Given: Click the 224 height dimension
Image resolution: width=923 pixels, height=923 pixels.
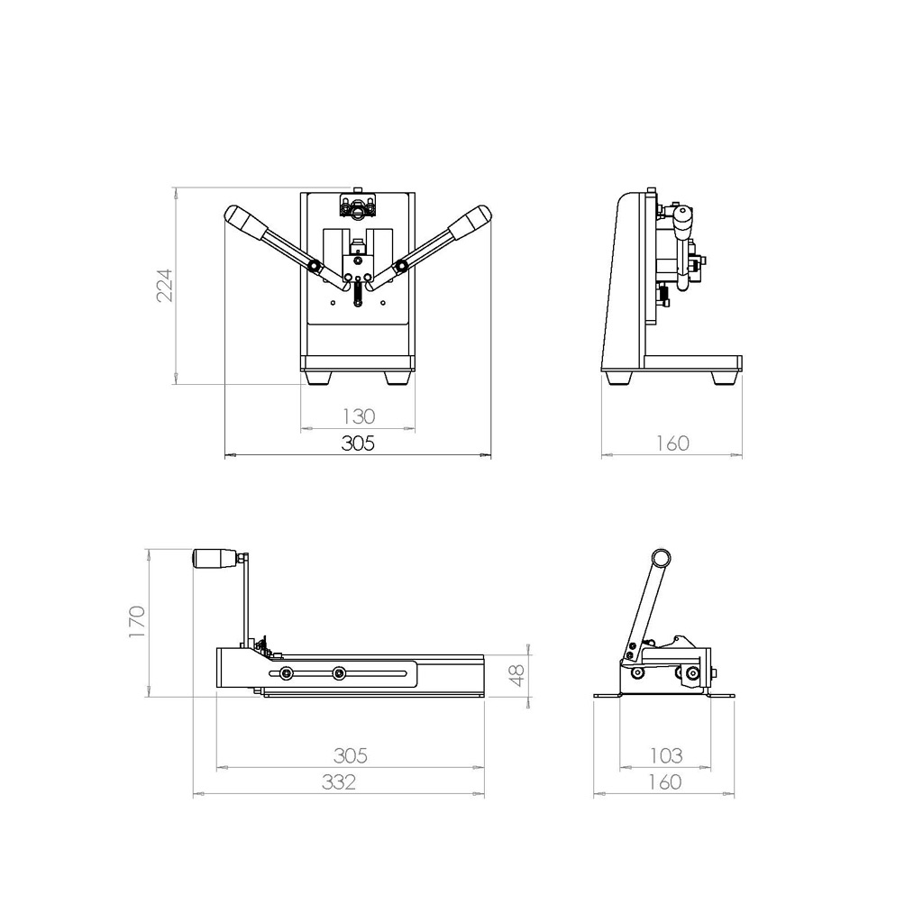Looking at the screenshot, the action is (x=165, y=286).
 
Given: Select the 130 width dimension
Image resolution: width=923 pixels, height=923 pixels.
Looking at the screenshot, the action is (x=359, y=416).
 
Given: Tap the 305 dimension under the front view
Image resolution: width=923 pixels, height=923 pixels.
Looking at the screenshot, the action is (x=358, y=443).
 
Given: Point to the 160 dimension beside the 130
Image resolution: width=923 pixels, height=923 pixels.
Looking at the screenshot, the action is (x=672, y=443).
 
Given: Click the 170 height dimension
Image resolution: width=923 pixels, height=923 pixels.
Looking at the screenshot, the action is (x=137, y=622).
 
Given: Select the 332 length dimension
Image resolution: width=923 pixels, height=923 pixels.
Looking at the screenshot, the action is (x=339, y=782).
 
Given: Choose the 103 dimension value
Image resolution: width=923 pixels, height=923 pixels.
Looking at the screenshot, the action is (x=666, y=755).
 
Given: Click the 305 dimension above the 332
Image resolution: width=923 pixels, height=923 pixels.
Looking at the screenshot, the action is (x=351, y=755).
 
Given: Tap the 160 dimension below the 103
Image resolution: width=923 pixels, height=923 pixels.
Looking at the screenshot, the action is (x=664, y=782).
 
